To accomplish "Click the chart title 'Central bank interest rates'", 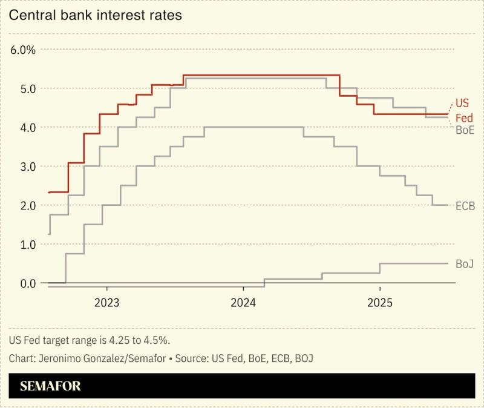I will pyautogui.click(x=95, y=16).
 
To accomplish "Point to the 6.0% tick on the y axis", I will pyautogui.click(x=24, y=50).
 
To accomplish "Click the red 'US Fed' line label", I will pyautogui.click(x=463, y=110).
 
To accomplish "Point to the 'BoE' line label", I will pyautogui.click(x=465, y=129).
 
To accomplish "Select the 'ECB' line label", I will pyautogui.click(x=465, y=206).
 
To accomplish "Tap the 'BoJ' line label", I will pyautogui.click(x=464, y=264).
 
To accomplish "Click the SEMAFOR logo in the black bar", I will pyautogui.click(x=50, y=386).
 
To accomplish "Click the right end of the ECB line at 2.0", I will pyautogui.click(x=448, y=205).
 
